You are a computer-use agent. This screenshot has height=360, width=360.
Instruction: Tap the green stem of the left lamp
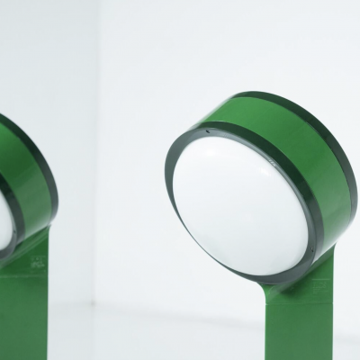(36, 315)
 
